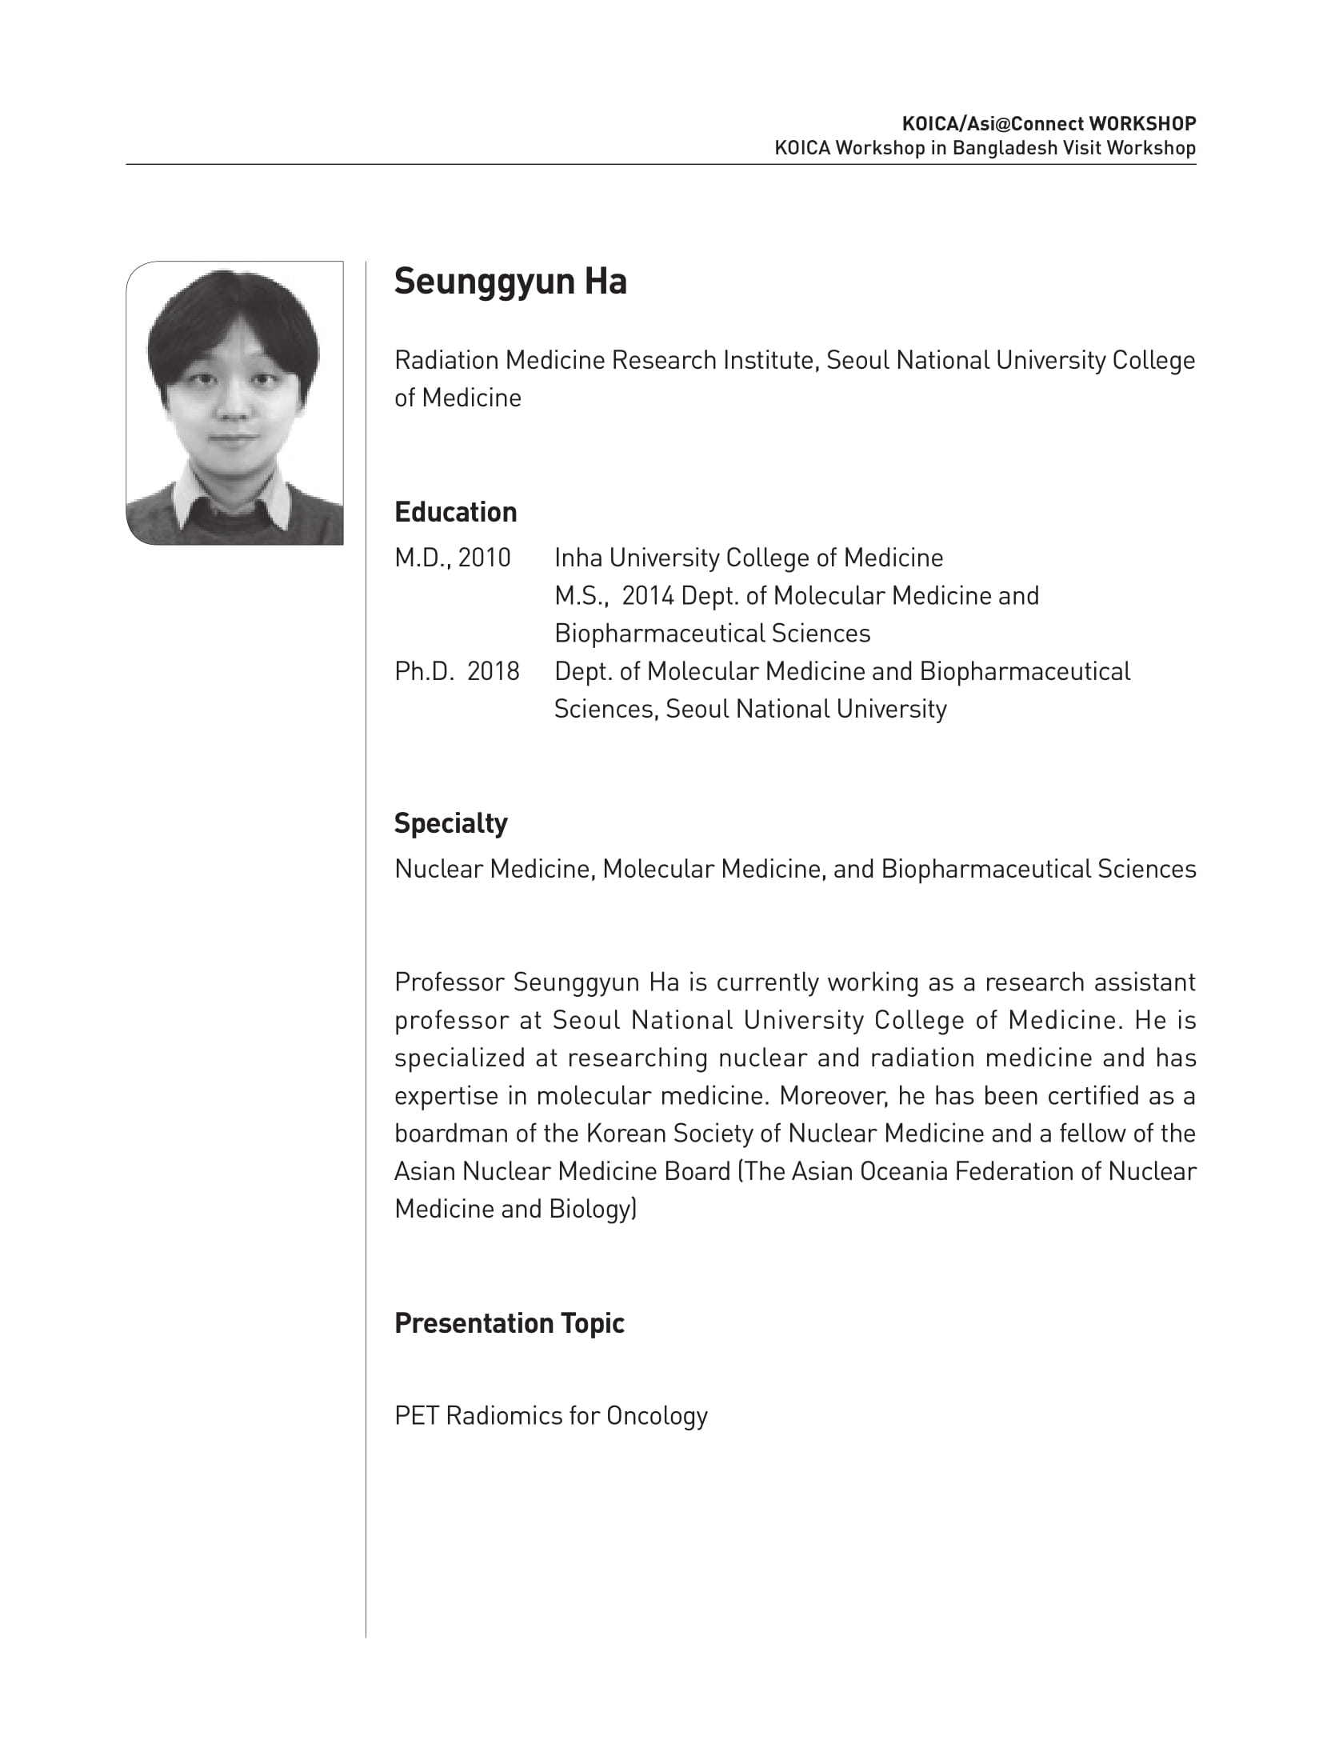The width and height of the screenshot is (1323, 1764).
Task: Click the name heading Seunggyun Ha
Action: click(510, 282)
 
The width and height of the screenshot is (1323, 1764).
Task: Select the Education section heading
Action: click(455, 512)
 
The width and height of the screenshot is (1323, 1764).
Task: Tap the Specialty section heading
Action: click(450, 823)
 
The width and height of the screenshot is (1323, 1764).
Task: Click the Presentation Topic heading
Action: click(509, 1323)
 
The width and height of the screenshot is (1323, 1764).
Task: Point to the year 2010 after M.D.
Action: click(484, 558)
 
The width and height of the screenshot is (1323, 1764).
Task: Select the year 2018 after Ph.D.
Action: click(493, 671)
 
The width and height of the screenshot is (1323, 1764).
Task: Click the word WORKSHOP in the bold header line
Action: click(1142, 124)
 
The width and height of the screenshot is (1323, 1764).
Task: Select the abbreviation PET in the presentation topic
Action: click(416, 1416)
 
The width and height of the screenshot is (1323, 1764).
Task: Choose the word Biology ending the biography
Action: click(590, 1209)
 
